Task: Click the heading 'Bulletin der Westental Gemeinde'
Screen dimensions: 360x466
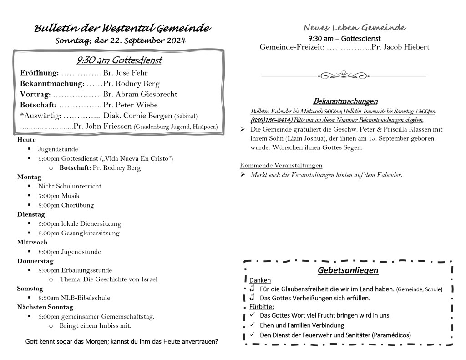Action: coord(122,29)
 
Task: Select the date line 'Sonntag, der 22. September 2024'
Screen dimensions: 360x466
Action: coord(120,41)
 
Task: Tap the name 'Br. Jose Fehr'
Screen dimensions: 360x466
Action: coord(126,73)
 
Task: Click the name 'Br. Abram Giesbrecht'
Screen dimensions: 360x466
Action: coord(140,94)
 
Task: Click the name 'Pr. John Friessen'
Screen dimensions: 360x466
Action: coord(102,126)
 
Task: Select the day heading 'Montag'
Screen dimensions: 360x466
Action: coord(29,177)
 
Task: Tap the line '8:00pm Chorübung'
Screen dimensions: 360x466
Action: coord(66,205)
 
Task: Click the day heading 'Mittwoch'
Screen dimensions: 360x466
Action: coord(32,242)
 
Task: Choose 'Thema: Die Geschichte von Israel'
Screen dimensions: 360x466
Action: coord(108,279)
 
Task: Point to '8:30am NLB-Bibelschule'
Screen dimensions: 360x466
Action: coord(74,298)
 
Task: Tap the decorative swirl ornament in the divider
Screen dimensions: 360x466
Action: coord(344,75)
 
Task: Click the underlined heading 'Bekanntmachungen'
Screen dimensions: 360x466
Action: coord(345,101)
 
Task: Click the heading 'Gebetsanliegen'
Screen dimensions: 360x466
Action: coord(348,271)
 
